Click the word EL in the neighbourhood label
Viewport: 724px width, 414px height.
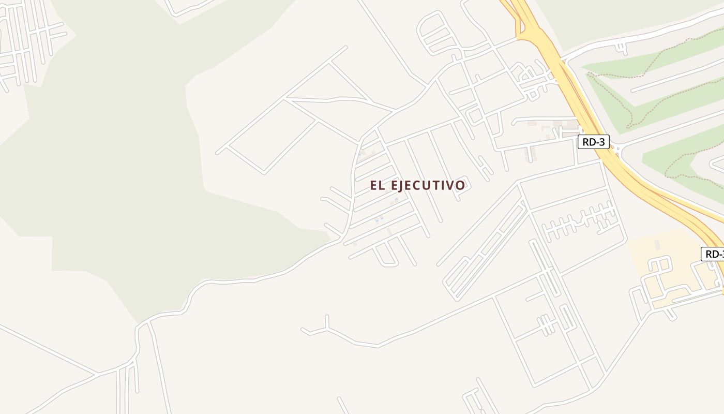[x=377, y=185]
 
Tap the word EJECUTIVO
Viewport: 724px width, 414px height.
[x=428, y=185]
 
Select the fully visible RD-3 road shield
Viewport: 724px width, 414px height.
[x=593, y=142]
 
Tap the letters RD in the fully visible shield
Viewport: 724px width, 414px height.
[x=589, y=142]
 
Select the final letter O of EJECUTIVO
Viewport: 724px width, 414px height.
[x=460, y=185]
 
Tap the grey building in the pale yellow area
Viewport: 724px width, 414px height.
[x=657, y=244]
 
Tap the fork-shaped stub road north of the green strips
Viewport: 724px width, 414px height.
[x=620, y=48]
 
